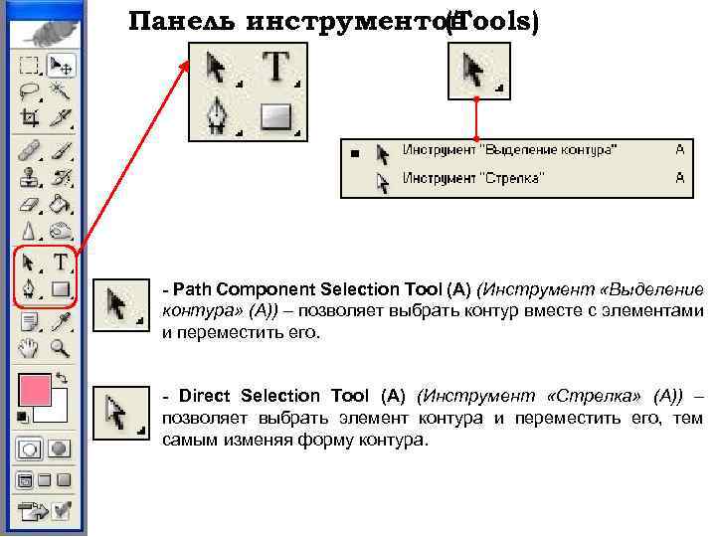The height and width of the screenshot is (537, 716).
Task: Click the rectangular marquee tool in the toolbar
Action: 30,66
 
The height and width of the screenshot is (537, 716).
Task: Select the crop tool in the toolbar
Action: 30,117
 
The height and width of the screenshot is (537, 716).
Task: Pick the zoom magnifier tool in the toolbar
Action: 62,347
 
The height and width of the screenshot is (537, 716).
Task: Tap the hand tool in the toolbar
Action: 30,347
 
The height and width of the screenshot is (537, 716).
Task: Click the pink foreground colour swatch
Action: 35,391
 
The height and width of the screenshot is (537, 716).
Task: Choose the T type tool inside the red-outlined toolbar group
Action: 62,263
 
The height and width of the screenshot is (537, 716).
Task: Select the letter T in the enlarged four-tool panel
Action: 276,68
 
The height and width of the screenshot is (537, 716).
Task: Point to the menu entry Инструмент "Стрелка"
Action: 471,178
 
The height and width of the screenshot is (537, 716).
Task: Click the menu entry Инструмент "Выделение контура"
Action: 508,150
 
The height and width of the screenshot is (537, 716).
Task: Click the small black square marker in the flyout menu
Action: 354,153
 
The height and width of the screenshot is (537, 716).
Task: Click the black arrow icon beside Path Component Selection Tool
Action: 119,302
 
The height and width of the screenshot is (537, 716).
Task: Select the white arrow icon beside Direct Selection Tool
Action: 119,412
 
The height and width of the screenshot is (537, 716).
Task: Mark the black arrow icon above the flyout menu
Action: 476,72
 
